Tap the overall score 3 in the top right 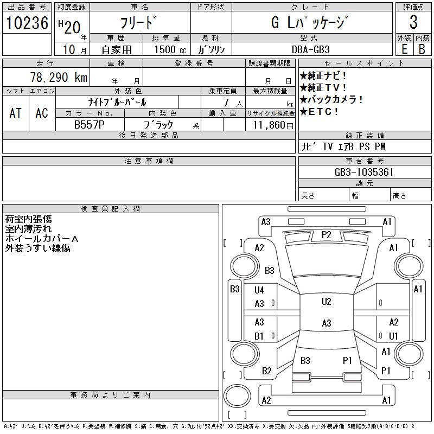(x=413, y=23)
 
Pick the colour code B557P (x=90, y=124)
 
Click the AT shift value (x=16, y=113)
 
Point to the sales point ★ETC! (x=320, y=112)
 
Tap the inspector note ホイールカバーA (x=42, y=239)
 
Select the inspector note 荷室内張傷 (x=29, y=219)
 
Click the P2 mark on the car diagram (x=326, y=235)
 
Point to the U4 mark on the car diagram (x=259, y=290)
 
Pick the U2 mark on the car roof (x=326, y=302)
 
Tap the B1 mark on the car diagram (x=259, y=336)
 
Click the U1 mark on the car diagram (x=393, y=336)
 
